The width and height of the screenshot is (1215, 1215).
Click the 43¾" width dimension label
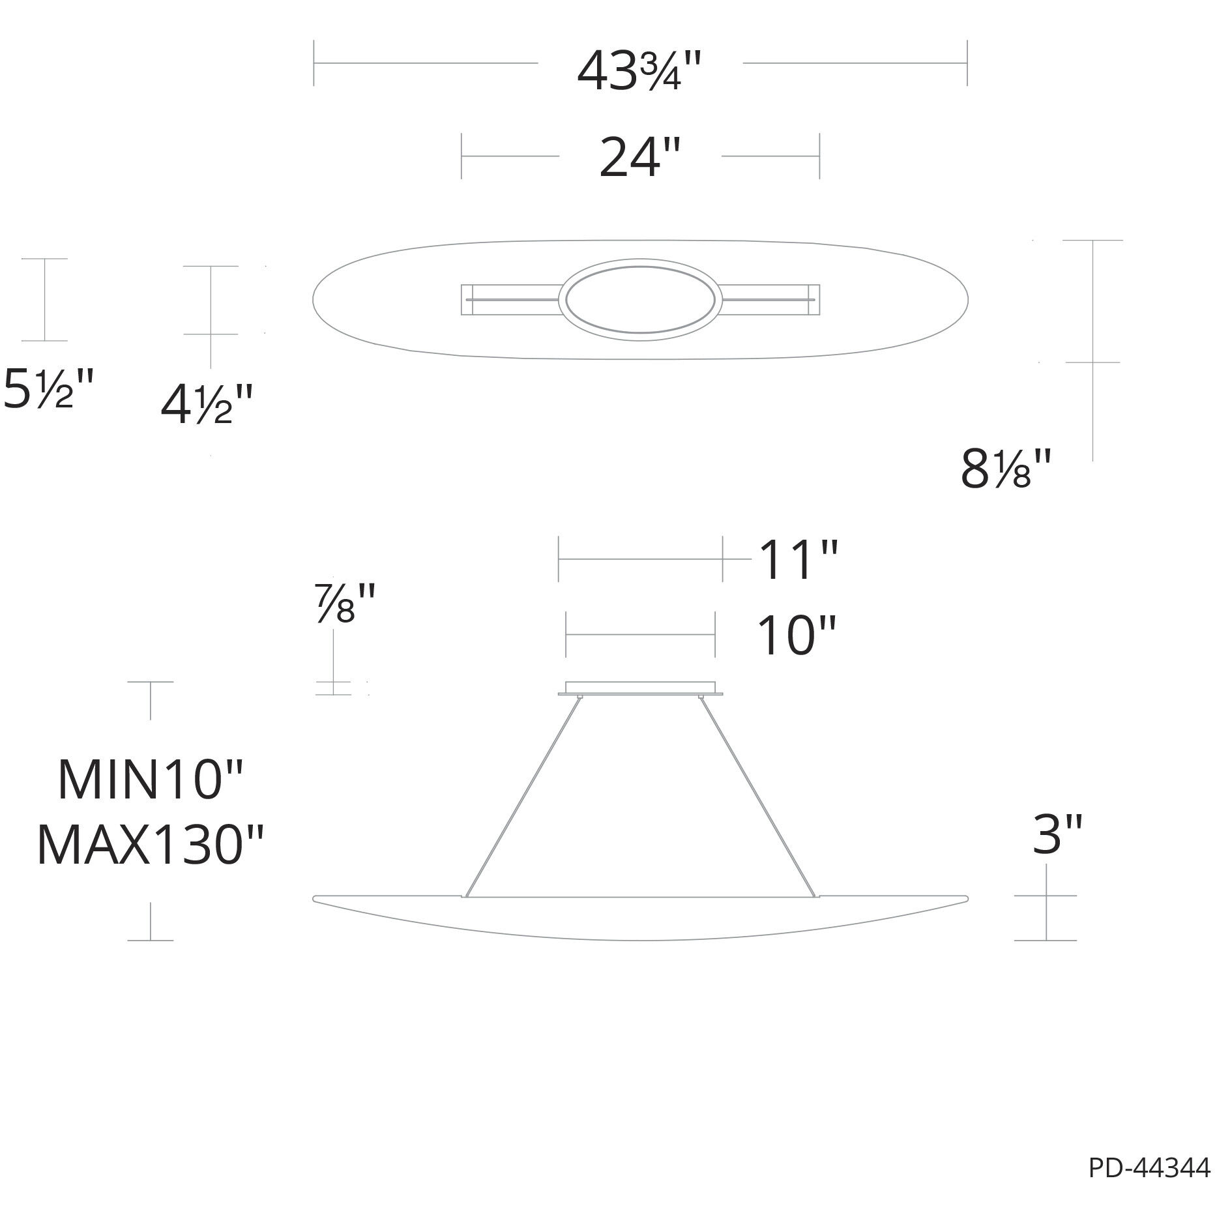[639, 70]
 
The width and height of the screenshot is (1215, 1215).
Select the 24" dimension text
[639, 158]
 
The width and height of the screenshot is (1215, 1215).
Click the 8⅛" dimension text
[1006, 469]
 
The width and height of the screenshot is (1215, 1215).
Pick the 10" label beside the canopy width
[795, 636]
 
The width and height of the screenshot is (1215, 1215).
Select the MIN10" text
[150, 780]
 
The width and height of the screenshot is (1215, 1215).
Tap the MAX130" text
[150, 845]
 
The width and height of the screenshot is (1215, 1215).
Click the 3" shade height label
[1057, 836]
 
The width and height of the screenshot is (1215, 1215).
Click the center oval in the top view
[640, 300]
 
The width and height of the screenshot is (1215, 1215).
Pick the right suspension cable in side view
[758, 795]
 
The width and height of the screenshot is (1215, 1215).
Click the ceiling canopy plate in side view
[640, 688]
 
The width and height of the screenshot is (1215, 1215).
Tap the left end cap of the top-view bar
[466, 300]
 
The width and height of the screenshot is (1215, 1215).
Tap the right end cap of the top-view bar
[814, 300]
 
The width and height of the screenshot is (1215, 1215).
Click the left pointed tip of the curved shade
[315, 899]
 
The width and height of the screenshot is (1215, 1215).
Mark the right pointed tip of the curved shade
[965, 899]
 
